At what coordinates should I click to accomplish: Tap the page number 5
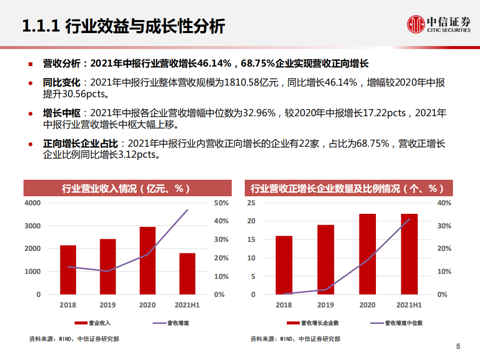pos(458,346)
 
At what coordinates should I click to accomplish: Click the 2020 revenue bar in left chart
pos(147,260)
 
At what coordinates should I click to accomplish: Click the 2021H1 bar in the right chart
pos(409,254)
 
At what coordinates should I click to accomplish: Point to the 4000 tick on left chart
pos(32,203)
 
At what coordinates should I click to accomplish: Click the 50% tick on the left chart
pos(221,203)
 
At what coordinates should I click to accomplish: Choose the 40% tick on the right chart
pos(444,203)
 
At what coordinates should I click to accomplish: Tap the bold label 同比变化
pos(58,83)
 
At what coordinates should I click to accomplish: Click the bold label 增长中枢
pos(58,114)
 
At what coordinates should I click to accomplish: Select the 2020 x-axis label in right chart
pos(367,305)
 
